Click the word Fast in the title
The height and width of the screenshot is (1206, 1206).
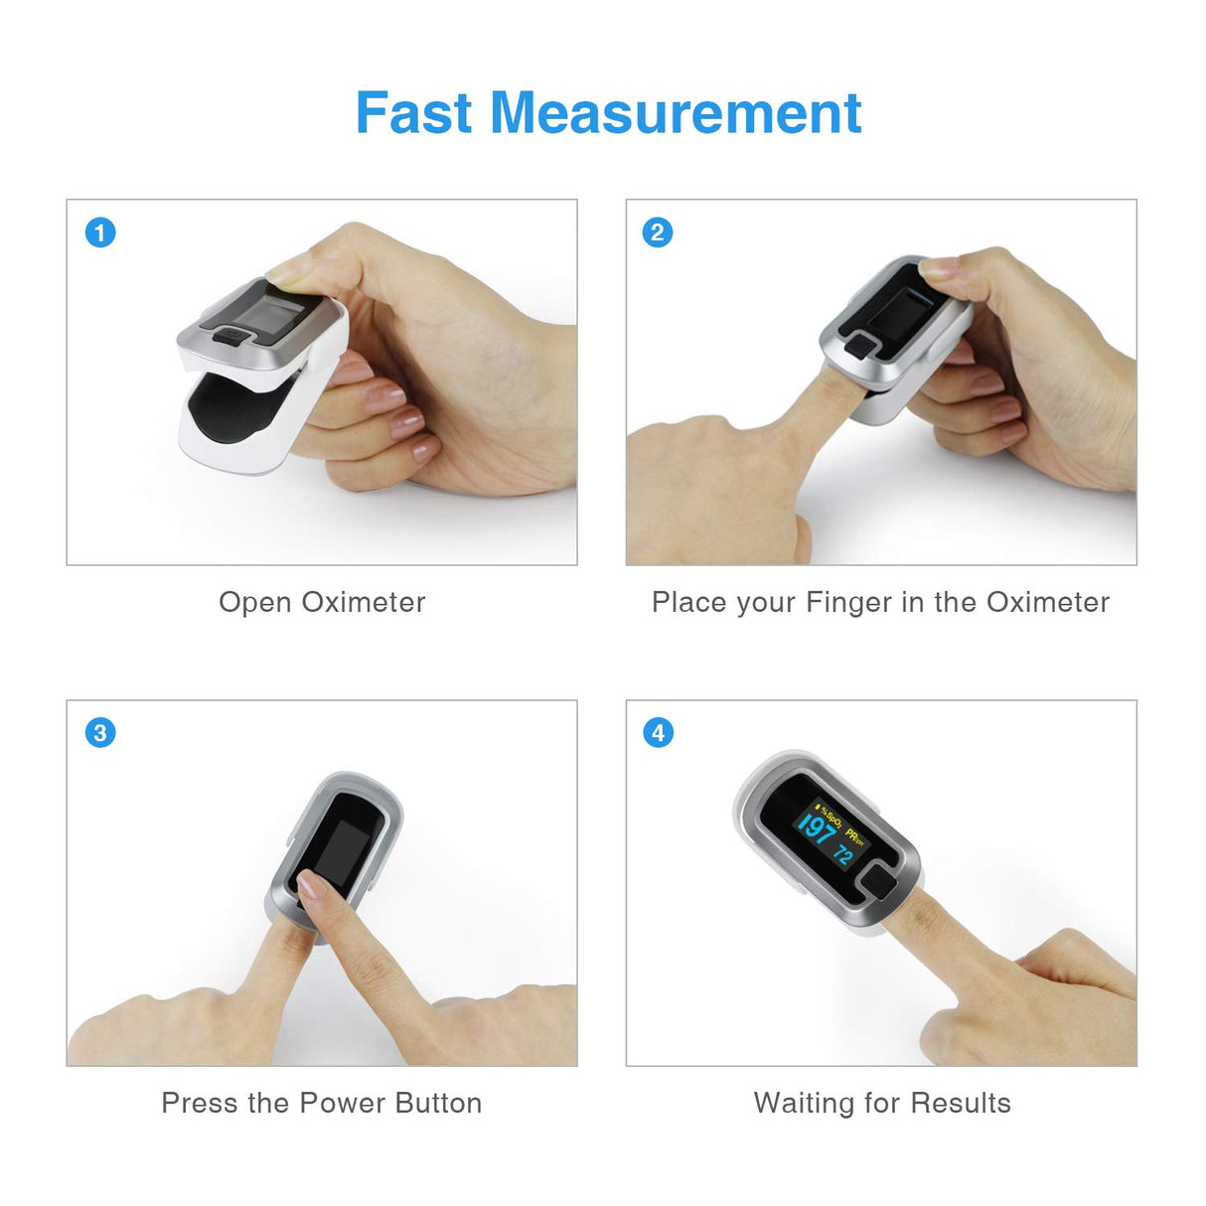pos(413,113)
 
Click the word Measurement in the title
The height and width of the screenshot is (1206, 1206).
pos(676,113)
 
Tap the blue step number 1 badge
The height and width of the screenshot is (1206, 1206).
pos(100,232)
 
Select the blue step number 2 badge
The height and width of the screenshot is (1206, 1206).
pos(658,232)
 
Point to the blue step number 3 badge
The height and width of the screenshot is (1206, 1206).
pos(100,733)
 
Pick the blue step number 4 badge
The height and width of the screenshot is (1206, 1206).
pos(658,733)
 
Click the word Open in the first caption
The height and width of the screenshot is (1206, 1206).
pos(255,603)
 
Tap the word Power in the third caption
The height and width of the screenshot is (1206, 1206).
pos(342,1103)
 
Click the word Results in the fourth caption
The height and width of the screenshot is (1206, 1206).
pos(961,1103)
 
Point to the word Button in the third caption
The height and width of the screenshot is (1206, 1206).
pos(438,1103)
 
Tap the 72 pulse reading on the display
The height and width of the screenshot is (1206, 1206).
pos(843,854)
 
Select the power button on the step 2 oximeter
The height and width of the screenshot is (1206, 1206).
pos(860,347)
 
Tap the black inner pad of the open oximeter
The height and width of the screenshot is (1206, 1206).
pos(230,408)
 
